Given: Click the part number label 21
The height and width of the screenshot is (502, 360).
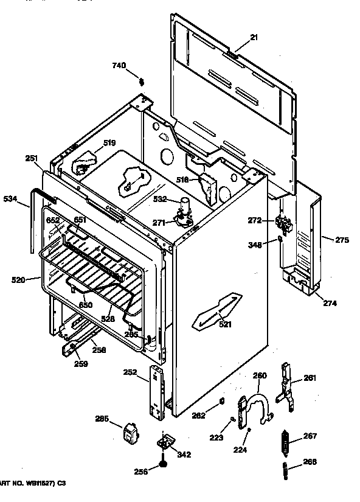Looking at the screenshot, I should point(254,37).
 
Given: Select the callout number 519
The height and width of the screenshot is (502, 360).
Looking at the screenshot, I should point(109,143).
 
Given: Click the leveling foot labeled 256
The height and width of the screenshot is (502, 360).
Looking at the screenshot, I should point(163,466).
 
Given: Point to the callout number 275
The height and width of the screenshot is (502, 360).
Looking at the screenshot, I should point(342,240).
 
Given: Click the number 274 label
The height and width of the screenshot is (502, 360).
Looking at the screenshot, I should point(330,302).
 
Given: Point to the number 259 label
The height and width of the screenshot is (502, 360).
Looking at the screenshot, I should point(81,364).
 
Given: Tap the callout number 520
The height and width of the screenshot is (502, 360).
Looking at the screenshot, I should point(18,280).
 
